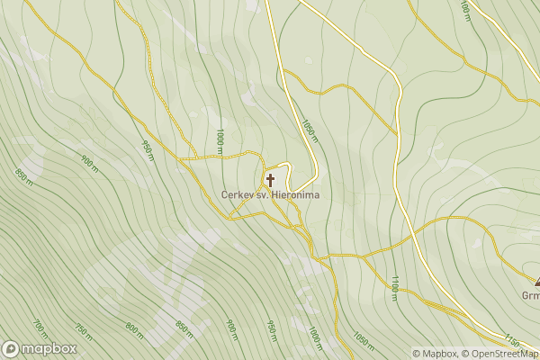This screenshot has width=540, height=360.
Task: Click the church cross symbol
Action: (x=270, y=180)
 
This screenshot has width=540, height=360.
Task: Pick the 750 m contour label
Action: (x=83, y=331)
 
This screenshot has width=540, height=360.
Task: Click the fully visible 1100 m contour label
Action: (x=394, y=287)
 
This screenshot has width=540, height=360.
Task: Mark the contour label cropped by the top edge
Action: (x=464, y=10)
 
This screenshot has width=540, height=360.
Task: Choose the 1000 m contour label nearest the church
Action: (x=220, y=140)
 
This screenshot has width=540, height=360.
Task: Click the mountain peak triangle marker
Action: (x=536, y=283)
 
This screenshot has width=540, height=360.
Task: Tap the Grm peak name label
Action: (x=530, y=296)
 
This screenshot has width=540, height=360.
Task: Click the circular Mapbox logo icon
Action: (x=11, y=349)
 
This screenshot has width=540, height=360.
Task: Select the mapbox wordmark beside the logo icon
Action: (x=49, y=349)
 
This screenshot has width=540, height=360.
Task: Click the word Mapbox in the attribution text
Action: (x=438, y=354)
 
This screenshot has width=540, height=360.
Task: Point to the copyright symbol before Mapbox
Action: (x=417, y=354)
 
